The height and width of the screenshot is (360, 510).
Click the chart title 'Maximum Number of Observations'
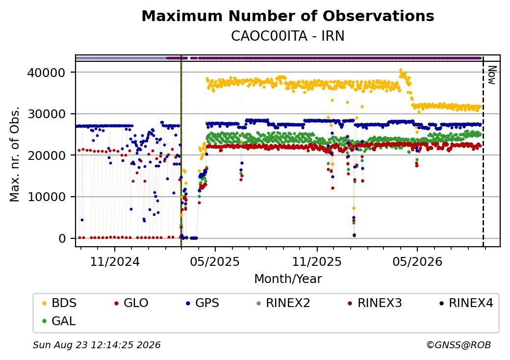[x=288, y=16]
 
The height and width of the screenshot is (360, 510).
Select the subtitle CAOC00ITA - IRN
[x=288, y=36]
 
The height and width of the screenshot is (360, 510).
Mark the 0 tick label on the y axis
[x=62, y=239]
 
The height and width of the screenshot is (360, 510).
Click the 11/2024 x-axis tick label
[x=114, y=262]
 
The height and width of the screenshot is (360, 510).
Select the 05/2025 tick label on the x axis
[x=215, y=262]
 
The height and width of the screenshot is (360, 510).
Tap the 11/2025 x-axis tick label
[x=317, y=262]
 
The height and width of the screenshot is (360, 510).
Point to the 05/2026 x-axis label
[x=418, y=262]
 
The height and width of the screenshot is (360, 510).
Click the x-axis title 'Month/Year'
[x=288, y=279]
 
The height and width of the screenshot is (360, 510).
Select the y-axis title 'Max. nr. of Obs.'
[x=15, y=154]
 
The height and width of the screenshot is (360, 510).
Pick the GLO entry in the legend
[x=131, y=303]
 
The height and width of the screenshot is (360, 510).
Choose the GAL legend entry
[x=59, y=321]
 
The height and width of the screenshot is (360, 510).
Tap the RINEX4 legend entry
[x=466, y=303]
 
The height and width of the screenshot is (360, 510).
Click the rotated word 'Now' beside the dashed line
[x=492, y=75]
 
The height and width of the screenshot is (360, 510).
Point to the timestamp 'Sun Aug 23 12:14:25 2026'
[x=97, y=345]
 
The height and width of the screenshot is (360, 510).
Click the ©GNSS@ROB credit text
[x=459, y=345]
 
